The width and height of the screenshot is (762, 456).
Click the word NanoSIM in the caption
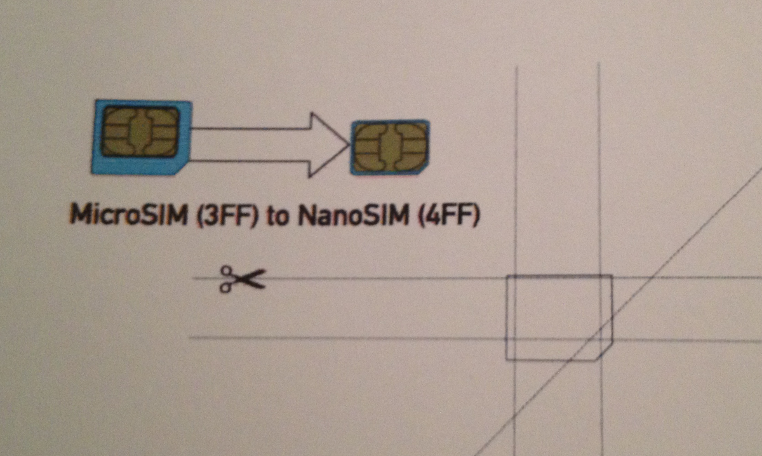353,216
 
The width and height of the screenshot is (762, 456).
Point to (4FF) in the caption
448,216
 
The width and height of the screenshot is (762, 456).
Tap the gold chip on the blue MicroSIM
140,131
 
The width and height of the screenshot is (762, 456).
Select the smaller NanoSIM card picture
390,147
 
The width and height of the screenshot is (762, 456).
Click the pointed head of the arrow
348,145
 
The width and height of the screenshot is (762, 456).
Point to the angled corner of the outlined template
605,351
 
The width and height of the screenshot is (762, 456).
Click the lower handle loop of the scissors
225,288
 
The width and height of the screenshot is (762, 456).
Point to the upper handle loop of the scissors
226,271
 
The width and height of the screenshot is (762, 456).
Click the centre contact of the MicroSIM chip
140,131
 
